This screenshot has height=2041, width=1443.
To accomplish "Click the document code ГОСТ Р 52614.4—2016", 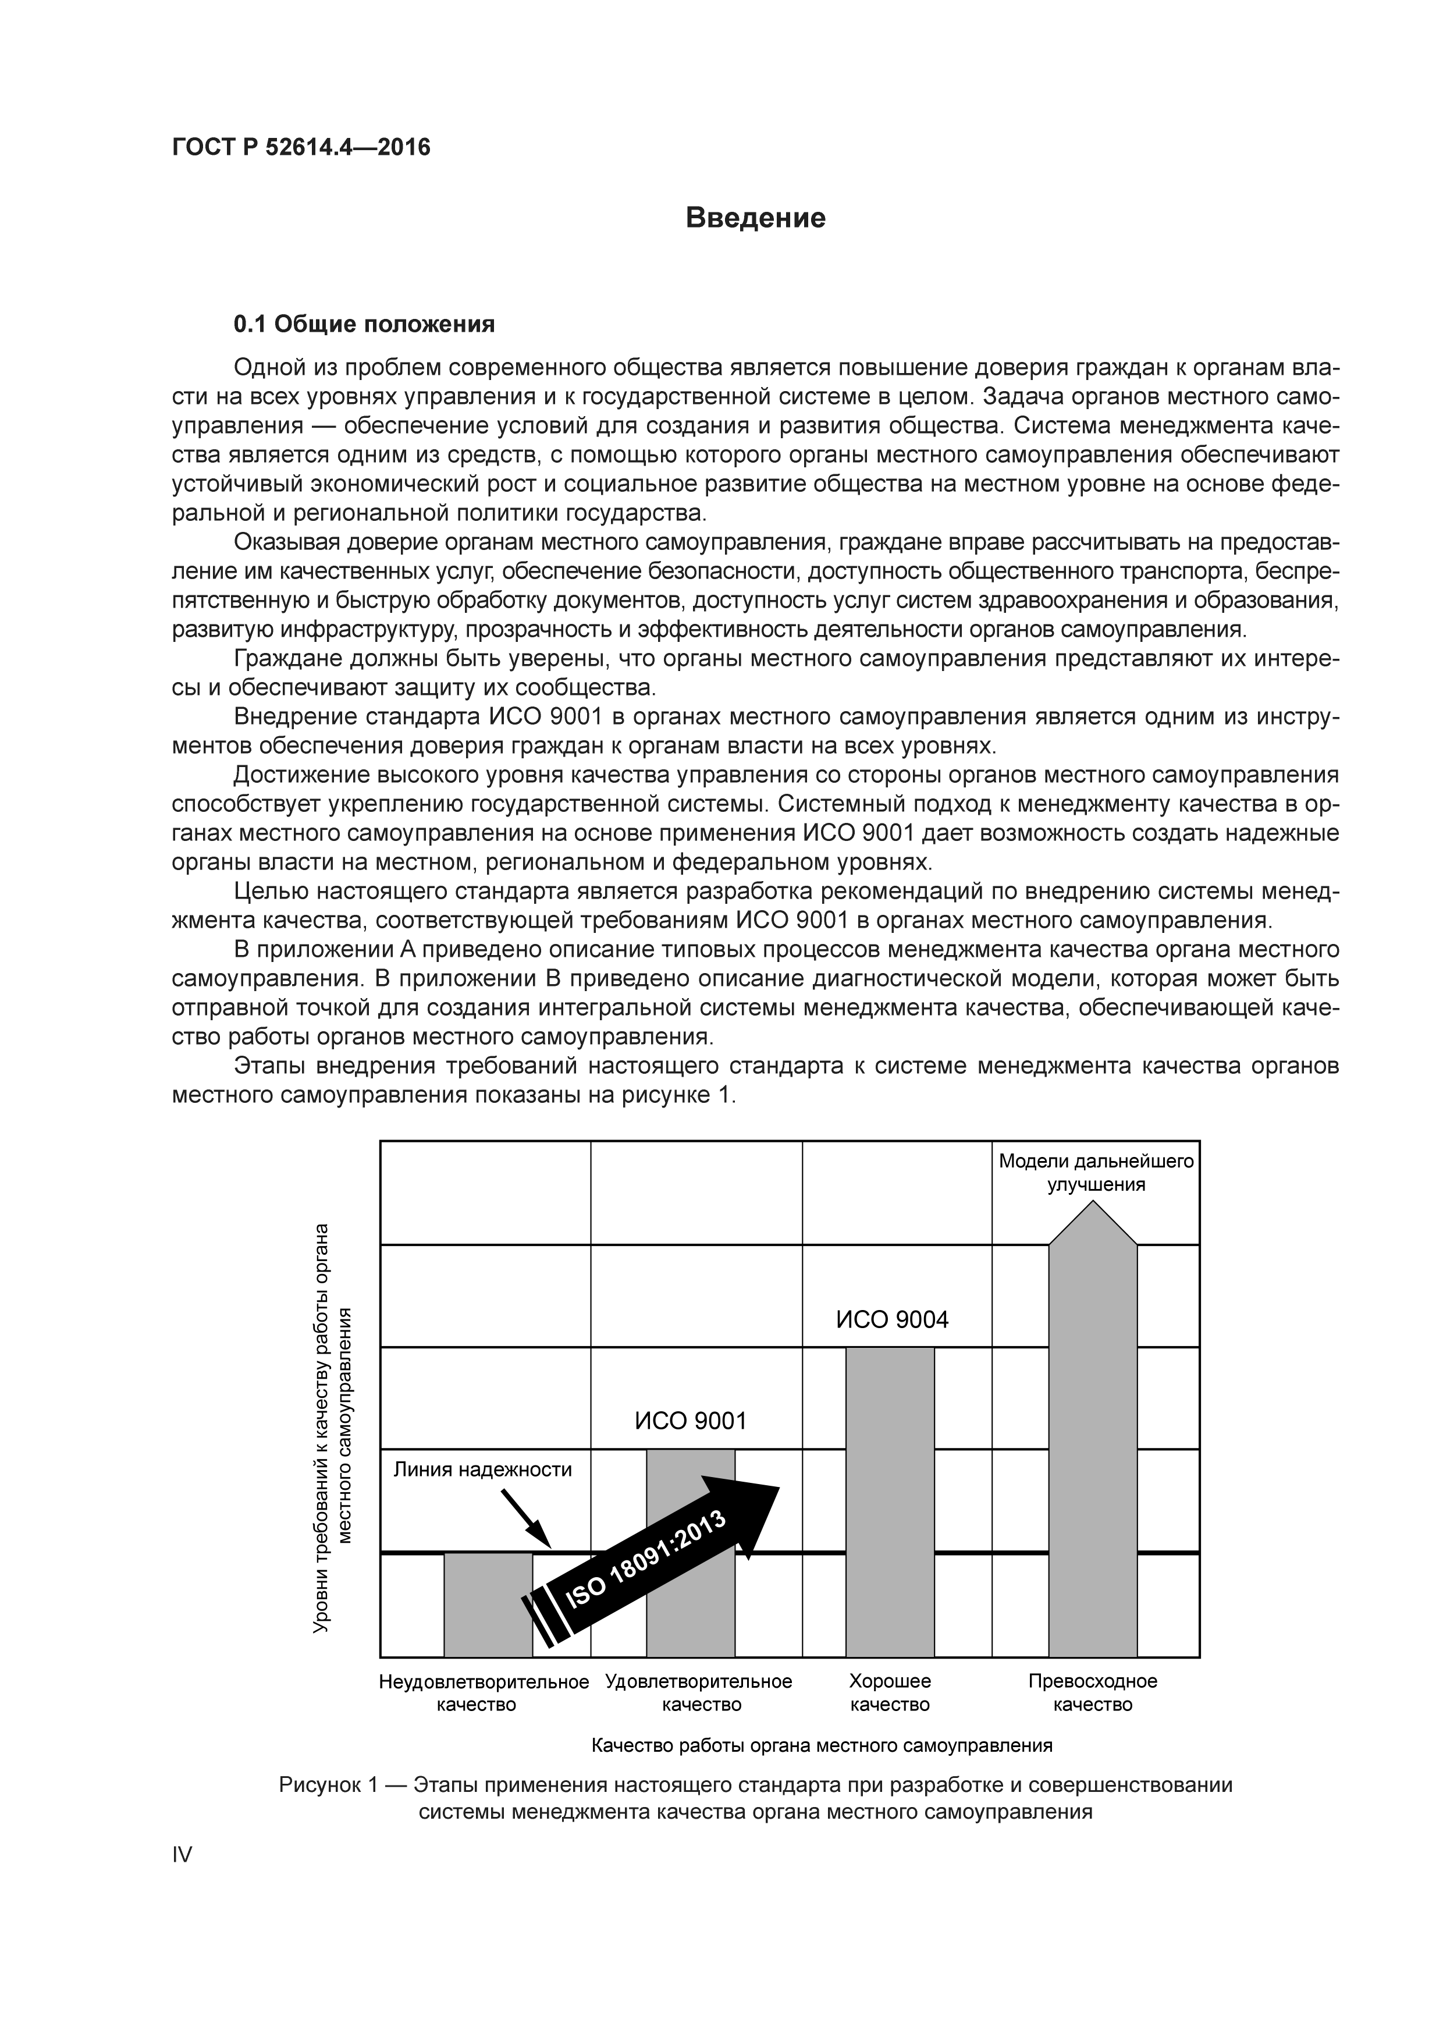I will [300, 147].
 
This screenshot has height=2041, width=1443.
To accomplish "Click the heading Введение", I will [755, 218].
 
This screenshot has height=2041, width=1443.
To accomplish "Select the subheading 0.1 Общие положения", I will [364, 325].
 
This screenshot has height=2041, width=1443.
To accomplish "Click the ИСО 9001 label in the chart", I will [691, 1421].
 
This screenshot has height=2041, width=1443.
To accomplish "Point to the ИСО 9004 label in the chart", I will [892, 1320].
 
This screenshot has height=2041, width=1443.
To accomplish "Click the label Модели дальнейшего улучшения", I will [1096, 1173].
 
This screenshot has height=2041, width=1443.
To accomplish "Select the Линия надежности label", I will [482, 1469].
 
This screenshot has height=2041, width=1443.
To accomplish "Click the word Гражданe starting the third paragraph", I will [290, 659].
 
